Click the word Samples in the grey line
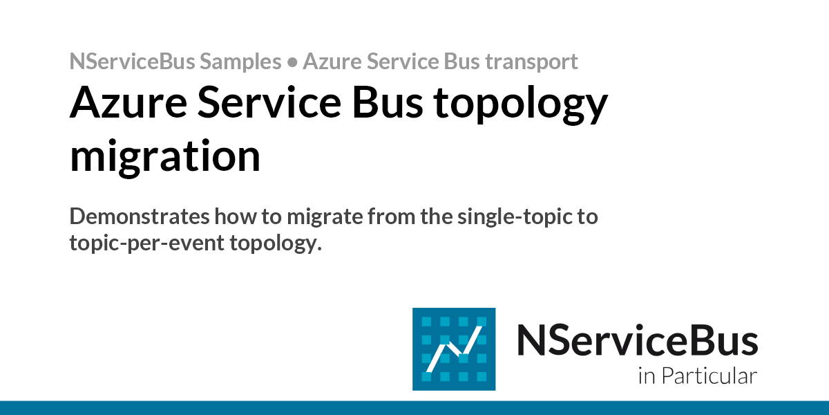240,62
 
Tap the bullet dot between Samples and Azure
292,62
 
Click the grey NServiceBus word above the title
131,62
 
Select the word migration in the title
165,156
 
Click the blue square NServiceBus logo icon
454,349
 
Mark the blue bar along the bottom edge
414,407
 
